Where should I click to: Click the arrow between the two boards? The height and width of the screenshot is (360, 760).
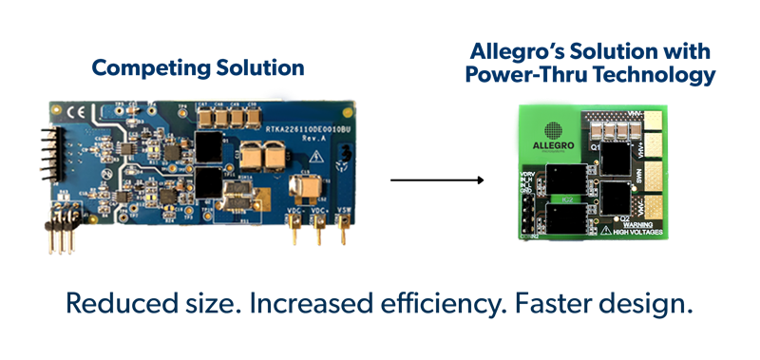pos(438,180)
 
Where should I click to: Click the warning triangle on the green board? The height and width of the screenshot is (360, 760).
pos(603,230)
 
